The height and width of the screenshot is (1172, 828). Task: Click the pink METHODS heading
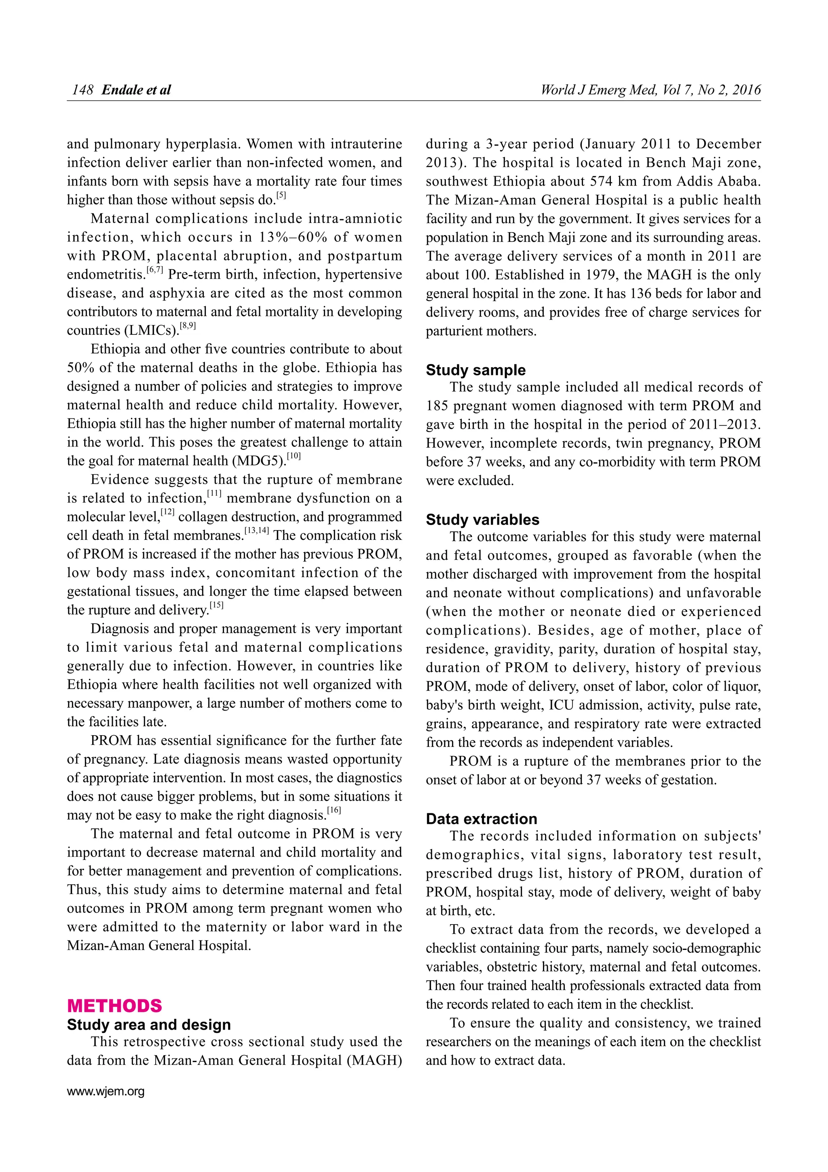[x=114, y=1006]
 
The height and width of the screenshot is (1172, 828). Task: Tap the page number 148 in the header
[x=82, y=90]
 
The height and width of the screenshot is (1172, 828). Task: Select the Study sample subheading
[x=475, y=370]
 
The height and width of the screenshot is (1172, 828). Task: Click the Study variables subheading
[x=482, y=520]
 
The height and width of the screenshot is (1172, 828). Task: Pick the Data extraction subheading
[x=481, y=819]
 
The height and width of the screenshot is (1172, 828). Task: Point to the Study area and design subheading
[x=148, y=1025]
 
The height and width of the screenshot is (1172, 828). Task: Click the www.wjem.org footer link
[x=106, y=1092]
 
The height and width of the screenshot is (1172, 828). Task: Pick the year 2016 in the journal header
[x=746, y=90]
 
